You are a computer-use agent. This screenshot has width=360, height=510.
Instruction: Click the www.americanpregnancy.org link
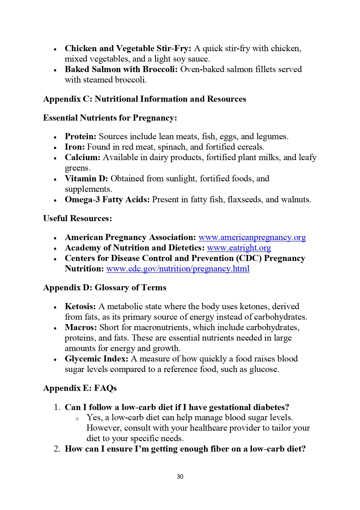click(x=252, y=237)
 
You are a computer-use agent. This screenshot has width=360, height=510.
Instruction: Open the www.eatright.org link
click(x=239, y=248)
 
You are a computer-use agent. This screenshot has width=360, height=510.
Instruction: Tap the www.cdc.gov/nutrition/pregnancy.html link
click(x=178, y=269)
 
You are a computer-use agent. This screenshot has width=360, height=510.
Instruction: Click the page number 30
click(x=180, y=476)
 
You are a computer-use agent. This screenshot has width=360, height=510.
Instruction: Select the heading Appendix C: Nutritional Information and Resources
click(x=145, y=99)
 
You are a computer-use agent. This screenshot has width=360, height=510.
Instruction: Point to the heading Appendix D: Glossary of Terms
click(x=105, y=288)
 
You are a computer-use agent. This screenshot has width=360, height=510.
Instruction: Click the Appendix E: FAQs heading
click(x=80, y=388)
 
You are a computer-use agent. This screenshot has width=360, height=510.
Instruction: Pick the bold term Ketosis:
click(x=80, y=307)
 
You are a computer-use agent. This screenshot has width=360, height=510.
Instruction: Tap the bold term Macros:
click(x=81, y=328)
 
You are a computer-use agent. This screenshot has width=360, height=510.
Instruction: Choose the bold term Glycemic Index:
click(x=96, y=359)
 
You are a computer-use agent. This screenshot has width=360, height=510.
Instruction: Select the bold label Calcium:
click(x=82, y=158)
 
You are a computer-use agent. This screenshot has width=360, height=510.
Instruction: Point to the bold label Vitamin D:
click(x=86, y=178)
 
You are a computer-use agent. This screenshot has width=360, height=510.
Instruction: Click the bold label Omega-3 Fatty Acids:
click(x=107, y=200)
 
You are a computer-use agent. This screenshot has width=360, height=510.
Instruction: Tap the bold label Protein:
click(x=80, y=137)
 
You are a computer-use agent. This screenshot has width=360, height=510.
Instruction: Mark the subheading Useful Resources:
click(x=78, y=219)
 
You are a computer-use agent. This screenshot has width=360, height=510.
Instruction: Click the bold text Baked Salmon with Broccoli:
click(x=121, y=69)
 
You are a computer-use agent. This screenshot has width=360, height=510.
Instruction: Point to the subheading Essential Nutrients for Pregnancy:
click(x=110, y=118)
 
